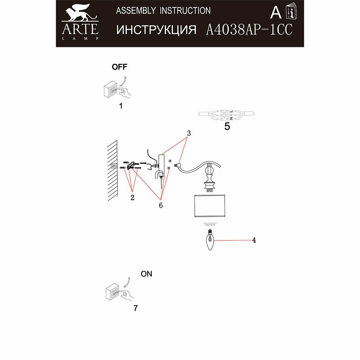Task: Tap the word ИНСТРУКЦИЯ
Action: tap(156, 30)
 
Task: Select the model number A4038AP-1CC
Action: tap(248, 30)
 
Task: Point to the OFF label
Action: tap(119, 67)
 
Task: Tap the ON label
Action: tap(147, 274)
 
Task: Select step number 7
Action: tap(135, 308)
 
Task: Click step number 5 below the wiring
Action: tap(227, 126)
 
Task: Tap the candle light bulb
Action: tap(210, 241)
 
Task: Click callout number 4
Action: tap(254, 240)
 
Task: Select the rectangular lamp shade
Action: tap(210, 207)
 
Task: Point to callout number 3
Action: tap(189, 133)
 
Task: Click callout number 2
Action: tap(132, 197)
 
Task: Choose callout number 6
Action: tap(161, 205)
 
